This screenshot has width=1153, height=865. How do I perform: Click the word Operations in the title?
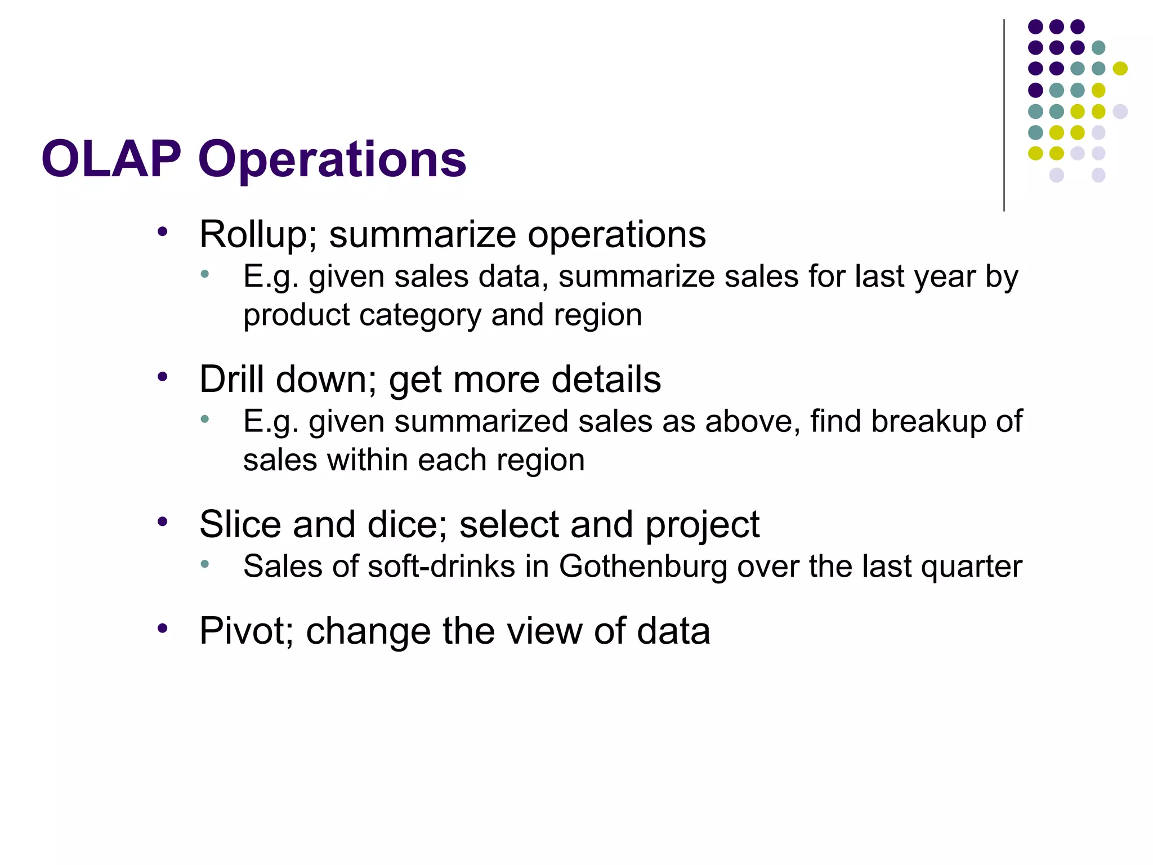point(332,160)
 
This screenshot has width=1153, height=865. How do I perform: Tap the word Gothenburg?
point(643,567)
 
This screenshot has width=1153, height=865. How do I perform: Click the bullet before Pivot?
point(163,628)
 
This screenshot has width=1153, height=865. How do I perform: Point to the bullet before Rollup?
point(163,232)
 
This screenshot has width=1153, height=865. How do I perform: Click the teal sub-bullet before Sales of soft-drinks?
point(205,564)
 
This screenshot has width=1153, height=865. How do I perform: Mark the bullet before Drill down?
point(163,377)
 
